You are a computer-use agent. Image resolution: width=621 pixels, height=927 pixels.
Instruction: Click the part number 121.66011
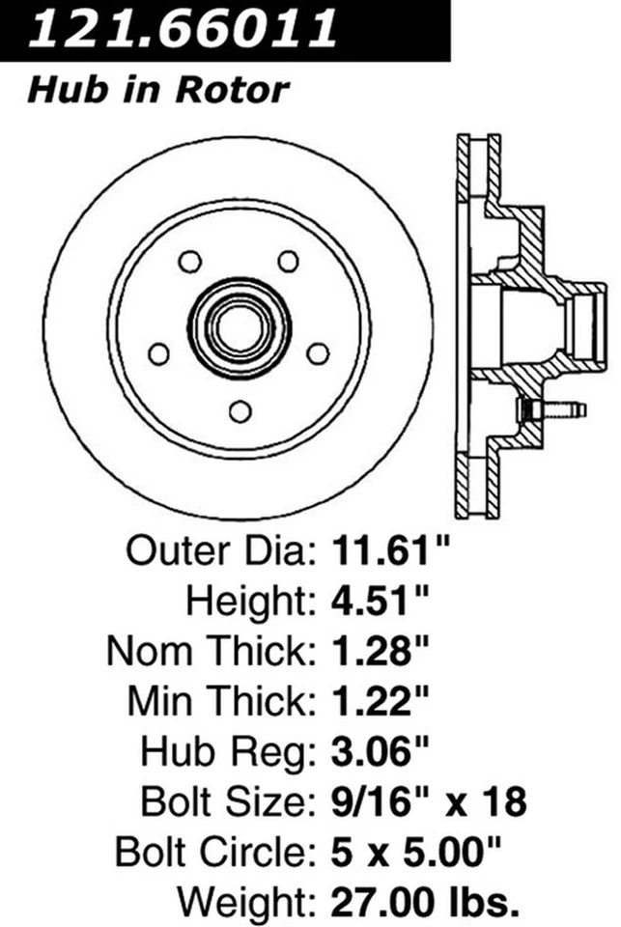pyautogui.click(x=183, y=29)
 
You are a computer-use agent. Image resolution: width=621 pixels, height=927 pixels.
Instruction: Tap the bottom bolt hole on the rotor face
pyautogui.click(x=240, y=410)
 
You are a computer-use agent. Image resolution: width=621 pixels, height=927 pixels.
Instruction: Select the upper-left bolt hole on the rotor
pyautogui.click(x=189, y=262)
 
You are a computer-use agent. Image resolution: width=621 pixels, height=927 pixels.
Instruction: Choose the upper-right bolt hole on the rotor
pyautogui.click(x=288, y=262)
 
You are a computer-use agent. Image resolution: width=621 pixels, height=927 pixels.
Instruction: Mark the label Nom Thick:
pyautogui.click(x=212, y=653)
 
